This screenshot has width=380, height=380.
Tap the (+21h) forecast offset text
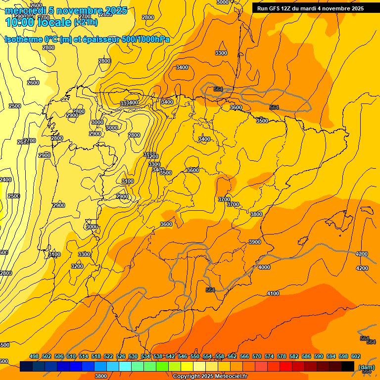pos(86,22)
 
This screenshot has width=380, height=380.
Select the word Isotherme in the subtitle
pos(23,40)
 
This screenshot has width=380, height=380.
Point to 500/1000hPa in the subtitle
pos(145,40)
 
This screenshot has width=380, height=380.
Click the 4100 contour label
pos(273,293)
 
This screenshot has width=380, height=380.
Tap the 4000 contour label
pos(264,267)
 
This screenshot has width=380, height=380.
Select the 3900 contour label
pos(255,242)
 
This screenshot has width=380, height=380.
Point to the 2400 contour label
pos(5,180)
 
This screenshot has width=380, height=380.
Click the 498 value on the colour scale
pos(34,356)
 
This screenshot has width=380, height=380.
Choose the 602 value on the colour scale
pos(356,356)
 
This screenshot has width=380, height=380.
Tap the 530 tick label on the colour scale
pos(133,356)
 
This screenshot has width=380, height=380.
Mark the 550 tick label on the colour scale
pos(195,356)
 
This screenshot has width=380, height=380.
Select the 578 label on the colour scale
pos(282,356)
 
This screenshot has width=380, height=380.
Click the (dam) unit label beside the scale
pos(367,367)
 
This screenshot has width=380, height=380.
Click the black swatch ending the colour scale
pos(348,366)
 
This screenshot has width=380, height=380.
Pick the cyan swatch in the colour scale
pos(125,366)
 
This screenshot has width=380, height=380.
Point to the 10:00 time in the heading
pos(20,22)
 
